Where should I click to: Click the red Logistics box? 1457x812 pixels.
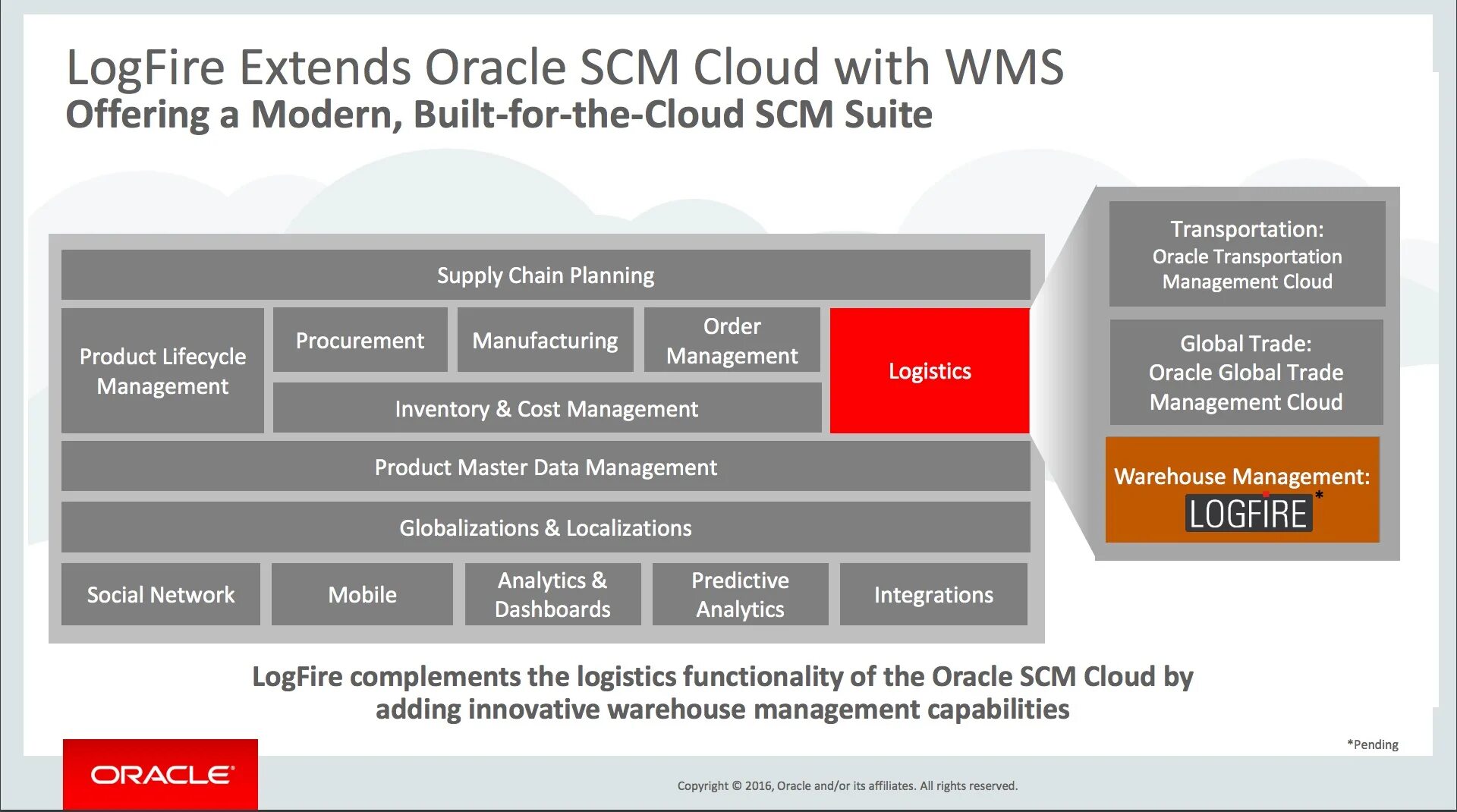pos(929,370)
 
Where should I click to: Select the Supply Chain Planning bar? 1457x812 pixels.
pos(545,275)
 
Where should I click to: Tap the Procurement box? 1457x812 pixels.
pos(360,340)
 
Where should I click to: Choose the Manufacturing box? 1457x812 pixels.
pos(545,340)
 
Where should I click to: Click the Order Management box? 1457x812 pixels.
pos(732,340)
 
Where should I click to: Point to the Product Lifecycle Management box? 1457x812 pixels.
pos(162,370)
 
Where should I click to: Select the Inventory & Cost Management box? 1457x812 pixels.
pos(546,408)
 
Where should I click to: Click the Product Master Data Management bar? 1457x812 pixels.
pos(545,467)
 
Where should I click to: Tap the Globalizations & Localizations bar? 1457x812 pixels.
pos(545,527)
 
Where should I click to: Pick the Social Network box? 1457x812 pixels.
pos(160,594)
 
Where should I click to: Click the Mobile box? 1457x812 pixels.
pos(362,594)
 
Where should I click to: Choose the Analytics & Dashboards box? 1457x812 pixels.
pos(552,594)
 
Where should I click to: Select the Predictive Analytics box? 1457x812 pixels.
pos(740,594)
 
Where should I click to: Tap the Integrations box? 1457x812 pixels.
pos(933,594)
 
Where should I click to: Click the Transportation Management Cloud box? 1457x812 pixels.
pos(1247,254)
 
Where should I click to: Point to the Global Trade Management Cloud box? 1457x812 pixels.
pos(1246,372)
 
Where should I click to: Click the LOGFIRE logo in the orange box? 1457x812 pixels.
pos(1248,514)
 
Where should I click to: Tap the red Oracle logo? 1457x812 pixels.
pos(161,774)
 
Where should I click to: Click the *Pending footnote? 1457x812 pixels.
pos(1372,744)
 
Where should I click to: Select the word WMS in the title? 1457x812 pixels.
pos(1005,67)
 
